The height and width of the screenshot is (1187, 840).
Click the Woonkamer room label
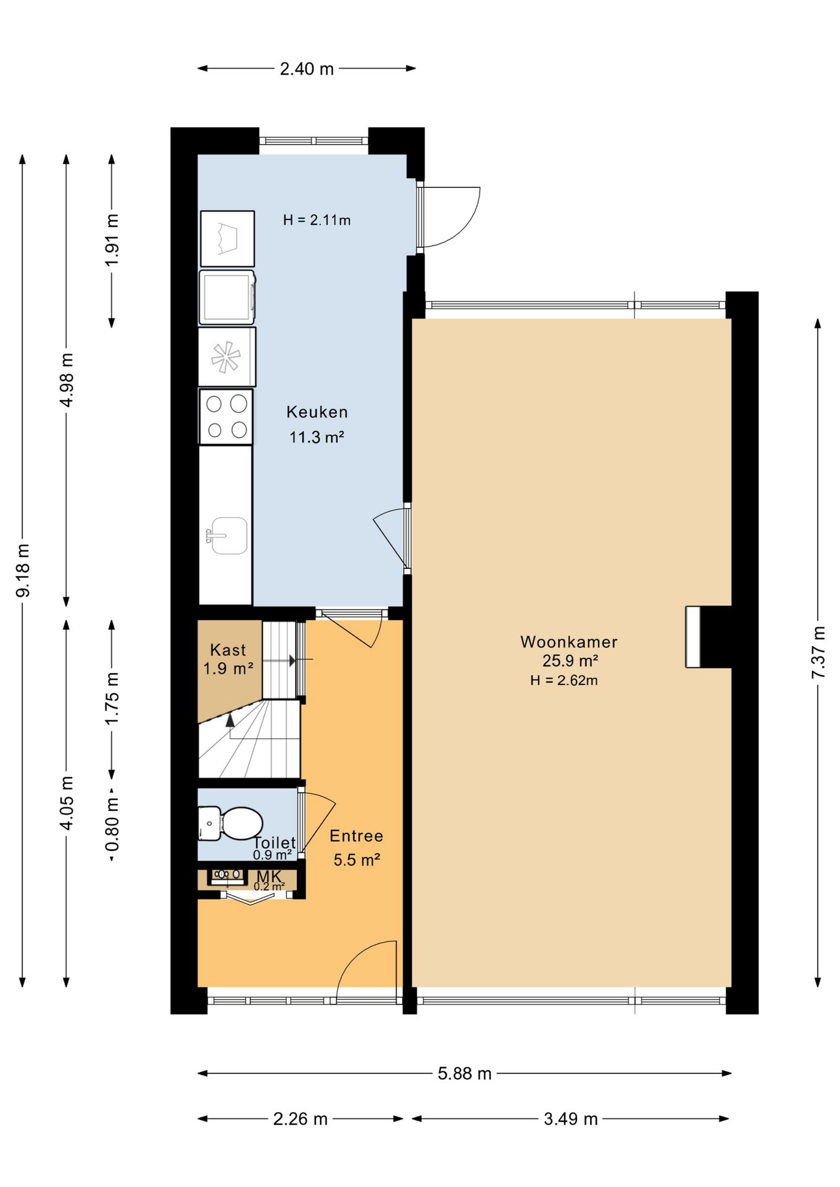pyautogui.click(x=568, y=642)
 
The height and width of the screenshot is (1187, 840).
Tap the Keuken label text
pyautogui.click(x=317, y=412)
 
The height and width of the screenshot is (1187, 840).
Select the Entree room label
pyautogui.click(x=356, y=836)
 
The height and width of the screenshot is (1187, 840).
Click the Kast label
pyautogui.click(x=228, y=650)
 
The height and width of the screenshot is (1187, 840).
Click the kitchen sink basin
pyautogui.click(x=229, y=535)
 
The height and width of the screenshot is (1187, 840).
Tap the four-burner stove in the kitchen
pyautogui.click(x=226, y=416)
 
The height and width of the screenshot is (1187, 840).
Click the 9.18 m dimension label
pyautogui.click(x=23, y=571)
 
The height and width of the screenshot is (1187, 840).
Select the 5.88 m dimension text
pyautogui.click(x=465, y=1073)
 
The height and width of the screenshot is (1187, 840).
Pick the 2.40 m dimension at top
pyautogui.click(x=307, y=69)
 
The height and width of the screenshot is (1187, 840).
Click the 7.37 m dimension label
pyautogui.click(x=818, y=652)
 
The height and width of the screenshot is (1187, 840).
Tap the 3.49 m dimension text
pyautogui.click(x=571, y=1119)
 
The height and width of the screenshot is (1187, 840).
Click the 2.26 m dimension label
pyautogui.click(x=301, y=1119)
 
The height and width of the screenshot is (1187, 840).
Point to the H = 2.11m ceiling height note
pyautogui.click(x=317, y=220)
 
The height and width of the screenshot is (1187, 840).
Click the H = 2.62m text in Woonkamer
pyautogui.click(x=564, y=681)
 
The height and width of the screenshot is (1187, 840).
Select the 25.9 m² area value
pyautogui.click(x=570, y=661)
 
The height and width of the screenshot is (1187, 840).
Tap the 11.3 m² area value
pyautogui.click(x=317, y=437)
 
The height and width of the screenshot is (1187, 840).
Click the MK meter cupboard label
pyautogui.click(x=269, y=876)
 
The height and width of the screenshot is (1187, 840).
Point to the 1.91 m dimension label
pyautogui.click(x=112, y=240)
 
